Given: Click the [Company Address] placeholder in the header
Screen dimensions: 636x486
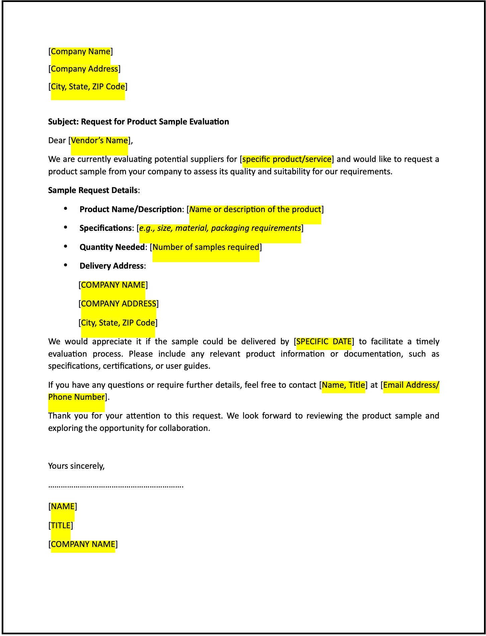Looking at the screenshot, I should pyautogui.click(x=84, y=69).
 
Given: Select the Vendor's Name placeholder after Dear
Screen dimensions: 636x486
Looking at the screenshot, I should pyautogui.click(x=99, y=141).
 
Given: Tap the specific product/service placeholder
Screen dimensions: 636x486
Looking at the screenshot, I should pyautogui.click(x=287, y=159).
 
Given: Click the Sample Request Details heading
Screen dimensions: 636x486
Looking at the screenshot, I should pyautogui.click(x=93, y=190).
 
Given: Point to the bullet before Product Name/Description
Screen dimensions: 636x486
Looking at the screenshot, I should pyautogui.click(x=66, y=209).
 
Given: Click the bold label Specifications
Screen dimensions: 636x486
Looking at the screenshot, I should pyautogui.click(x=106, y=228).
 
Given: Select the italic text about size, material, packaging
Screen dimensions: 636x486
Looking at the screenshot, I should pyautogui.click(x=220, y=228).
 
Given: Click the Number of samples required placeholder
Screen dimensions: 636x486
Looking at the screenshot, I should pyautogui.click(x=206, y=247).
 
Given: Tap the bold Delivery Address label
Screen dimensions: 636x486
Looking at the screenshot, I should pyautogui.click(x=111, y=266).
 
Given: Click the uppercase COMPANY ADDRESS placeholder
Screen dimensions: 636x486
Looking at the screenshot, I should pyautogui.click(x=118, y=304).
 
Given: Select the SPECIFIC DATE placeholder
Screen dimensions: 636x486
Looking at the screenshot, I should pyautogui.click(x=324, y=342).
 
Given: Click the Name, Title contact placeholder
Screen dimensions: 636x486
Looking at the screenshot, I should pyautogui.click(x=343, y=385).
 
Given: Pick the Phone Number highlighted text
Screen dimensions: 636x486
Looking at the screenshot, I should pyautogui.click(x=76, y=397).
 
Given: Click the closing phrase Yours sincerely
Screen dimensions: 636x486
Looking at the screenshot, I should pyautogui.click(x=76, y=466).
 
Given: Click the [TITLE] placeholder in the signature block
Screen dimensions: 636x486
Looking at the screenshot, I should pyautogui.click(x=61, y=526).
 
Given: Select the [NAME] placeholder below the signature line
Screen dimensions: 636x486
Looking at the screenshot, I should pyautogui.click(x=63, y=507).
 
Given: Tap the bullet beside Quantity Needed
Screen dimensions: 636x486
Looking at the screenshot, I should pyautogui.click(x=66, y=247).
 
